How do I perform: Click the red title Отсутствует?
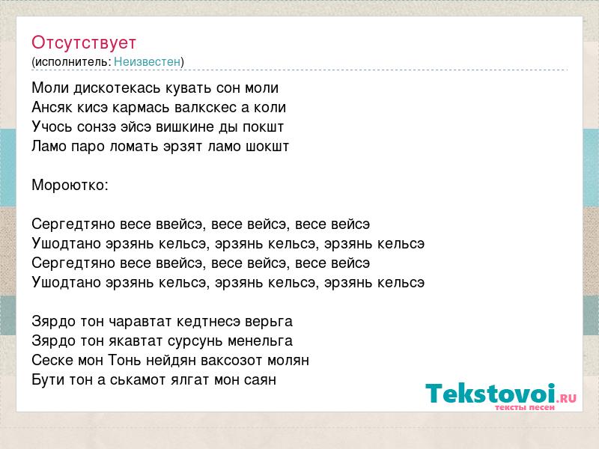[84, 43]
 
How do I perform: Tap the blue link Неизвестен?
[147, 61]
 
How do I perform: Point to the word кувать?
[189, 88]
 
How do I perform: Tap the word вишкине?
[184, 127]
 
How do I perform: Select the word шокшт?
[267, 147]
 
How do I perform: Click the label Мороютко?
[70, 186]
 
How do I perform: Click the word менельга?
[260, 341]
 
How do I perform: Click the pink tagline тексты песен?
[525, 407]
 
